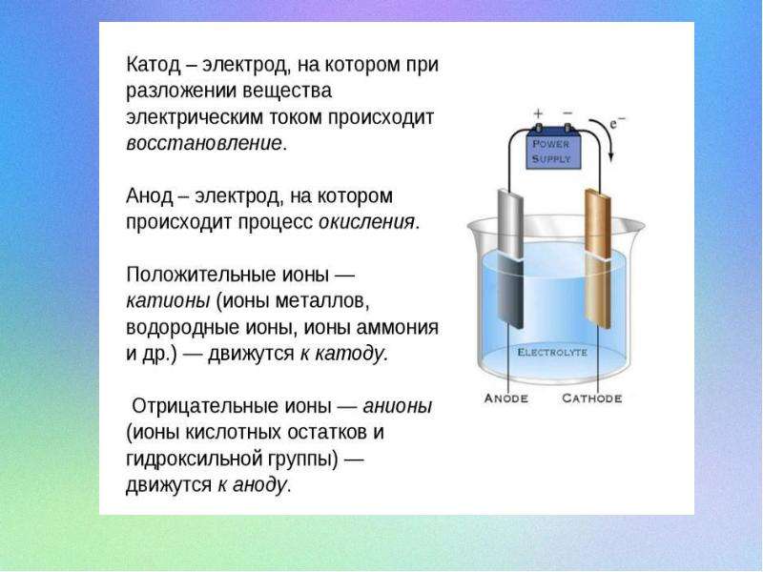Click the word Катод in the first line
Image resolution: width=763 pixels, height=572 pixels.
coord(154,65)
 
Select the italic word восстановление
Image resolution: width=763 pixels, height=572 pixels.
coord(204,144)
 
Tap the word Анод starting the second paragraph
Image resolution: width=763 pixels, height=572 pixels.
coord(149,196)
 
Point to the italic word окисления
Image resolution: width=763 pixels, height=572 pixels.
coord(366,222)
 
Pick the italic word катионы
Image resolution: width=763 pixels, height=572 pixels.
coord(168,300)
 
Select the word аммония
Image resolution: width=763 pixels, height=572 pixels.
coord(397,327)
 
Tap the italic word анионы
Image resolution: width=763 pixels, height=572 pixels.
coord(397,406)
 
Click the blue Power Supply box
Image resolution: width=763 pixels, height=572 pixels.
coord(553,151)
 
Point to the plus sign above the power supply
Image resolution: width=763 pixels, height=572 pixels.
coord(538,113)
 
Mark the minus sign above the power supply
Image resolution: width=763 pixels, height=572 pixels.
coord(567,113)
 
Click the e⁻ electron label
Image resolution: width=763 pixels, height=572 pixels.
coord(617,123)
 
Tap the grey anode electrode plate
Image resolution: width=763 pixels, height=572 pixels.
coord(510,258)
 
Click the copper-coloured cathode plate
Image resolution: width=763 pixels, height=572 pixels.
coord(598,258)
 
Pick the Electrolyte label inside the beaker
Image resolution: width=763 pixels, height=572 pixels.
coord(552,352)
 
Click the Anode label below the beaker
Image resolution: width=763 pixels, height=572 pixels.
coord(506,398)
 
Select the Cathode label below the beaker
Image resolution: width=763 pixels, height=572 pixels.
coord(591,398)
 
